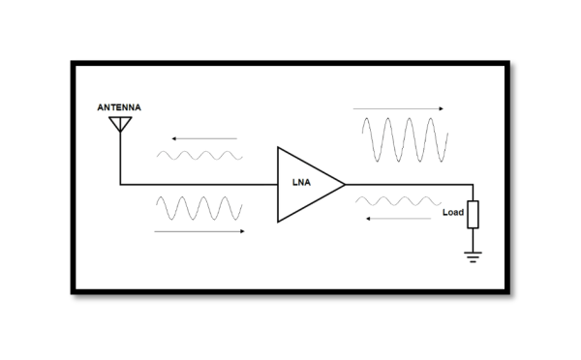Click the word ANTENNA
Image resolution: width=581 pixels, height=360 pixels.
tap(118, 106)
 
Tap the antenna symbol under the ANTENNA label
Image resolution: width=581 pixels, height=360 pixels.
tap(120, 123)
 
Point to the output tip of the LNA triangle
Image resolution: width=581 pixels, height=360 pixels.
tap(345, 183)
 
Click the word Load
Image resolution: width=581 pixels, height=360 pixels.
tap(452, 212)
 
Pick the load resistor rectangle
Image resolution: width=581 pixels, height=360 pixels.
tap(473, 214)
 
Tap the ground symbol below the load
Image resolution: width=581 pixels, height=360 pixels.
tap(473, 257)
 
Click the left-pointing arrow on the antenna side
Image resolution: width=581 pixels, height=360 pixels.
tap(198, 139)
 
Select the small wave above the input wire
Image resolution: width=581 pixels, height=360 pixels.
tap(199, 155)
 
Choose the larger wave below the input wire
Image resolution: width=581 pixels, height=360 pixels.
tap(199, 209)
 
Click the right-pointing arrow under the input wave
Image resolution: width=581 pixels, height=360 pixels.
tap(199, 231)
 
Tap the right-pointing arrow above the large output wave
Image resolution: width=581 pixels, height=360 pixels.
tap(399, 108)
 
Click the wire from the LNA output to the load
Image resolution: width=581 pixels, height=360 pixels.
tap(407, 183)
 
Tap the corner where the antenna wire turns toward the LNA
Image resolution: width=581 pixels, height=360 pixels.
tap(120, 183)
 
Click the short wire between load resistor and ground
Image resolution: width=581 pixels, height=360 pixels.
tap(473, 239)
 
